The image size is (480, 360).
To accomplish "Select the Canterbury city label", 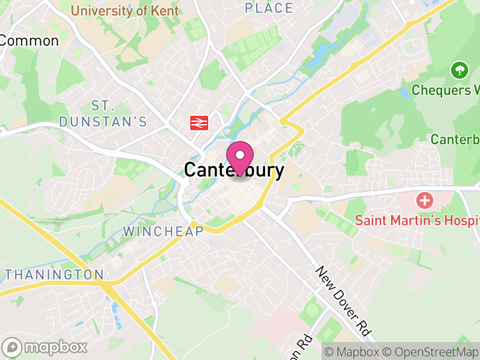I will pos(234,170).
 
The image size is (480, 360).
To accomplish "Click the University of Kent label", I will pos(125,11).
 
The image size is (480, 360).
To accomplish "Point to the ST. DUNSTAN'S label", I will pos(103,113).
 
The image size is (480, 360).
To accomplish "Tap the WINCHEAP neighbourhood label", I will pos(163,231).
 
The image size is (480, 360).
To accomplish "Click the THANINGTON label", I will pos(55,275).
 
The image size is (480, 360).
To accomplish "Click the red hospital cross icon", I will pos(425,200).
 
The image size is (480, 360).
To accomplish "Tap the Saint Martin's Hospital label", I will pos(418,220).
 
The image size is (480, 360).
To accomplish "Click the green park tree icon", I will pos(459,70).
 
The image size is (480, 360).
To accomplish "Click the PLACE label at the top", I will pos(269,8).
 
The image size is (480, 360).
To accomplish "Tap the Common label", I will pos(29,41).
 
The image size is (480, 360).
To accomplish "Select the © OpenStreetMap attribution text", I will pos(433,351).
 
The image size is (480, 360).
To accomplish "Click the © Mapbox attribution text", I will pos(352,351).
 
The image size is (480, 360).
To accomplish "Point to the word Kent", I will pos(165,11).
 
